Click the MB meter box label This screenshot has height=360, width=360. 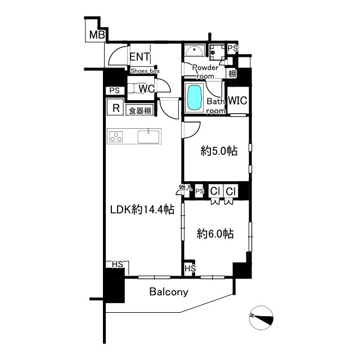(97, 35)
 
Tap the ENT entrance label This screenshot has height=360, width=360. (139, 57)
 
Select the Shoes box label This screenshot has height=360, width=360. (145, 71)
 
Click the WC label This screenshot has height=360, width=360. (146, 89)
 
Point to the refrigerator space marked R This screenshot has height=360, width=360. (116, 108)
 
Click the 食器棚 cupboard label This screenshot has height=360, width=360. (140, 111)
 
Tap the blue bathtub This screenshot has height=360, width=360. (194, 97)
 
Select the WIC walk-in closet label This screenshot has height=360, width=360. (237, 101)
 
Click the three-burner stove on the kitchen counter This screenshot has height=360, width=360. (116, 136)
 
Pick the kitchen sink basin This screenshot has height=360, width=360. (148, 137)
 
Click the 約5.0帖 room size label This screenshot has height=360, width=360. (219, 151)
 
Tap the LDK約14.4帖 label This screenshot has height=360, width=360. (142, 209)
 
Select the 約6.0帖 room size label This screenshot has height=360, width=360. (215, 234)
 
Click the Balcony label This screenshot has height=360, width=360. (169, 292)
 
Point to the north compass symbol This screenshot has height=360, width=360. (261, 318)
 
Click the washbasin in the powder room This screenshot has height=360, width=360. (195, 50)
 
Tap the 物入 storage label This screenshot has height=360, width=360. (186, 188)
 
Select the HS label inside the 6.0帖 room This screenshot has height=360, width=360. (190, 268)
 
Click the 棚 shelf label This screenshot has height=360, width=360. (232, 74)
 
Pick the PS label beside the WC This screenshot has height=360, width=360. (115, 91)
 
